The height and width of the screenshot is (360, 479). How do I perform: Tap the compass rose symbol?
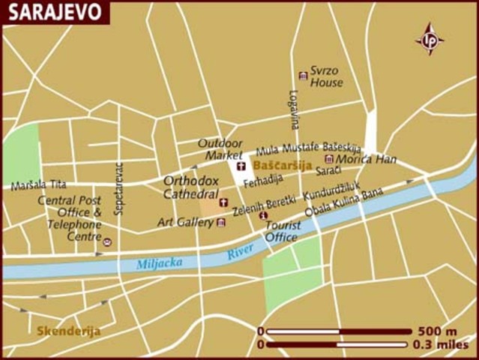tap(430, 39)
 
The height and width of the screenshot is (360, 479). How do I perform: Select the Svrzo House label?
tap(327, 76)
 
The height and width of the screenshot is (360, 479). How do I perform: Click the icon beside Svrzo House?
tap(303, 76)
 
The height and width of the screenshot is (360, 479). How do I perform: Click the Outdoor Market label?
tap(220, 148)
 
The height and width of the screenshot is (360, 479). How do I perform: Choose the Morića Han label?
tap(365, 159)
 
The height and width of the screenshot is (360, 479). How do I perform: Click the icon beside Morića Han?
tap(328, 159)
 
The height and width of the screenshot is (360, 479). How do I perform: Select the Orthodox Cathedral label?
tap(191, 187)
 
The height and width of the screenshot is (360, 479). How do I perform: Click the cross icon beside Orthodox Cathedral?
tap(223, 202)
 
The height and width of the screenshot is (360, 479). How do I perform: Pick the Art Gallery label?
tap(185, 222)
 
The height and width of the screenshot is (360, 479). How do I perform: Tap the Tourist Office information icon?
tap(262, 216)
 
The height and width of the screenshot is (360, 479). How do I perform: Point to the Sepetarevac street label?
tap(118, 192)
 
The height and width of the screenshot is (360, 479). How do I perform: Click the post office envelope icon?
tap(107, 242)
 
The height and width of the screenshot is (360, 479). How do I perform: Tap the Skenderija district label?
tap(68, 331)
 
